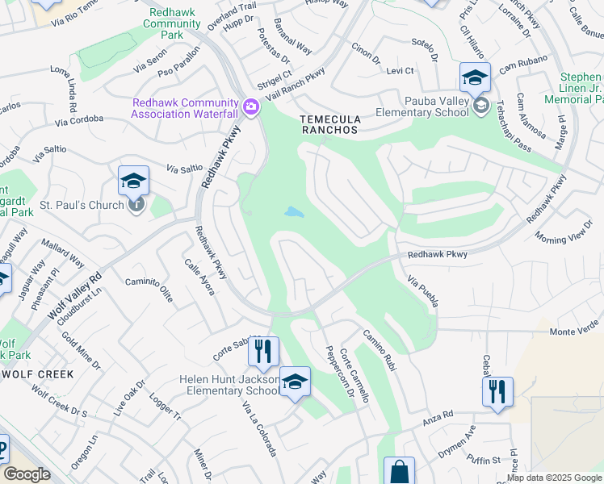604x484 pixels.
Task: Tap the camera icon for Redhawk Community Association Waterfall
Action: coord(251,106)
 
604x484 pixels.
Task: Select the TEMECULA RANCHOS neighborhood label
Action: coord(329,123)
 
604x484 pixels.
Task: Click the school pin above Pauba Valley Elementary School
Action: coord(476,78)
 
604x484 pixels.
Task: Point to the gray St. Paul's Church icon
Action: coord(137,204)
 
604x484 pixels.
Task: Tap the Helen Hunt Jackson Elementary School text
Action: coord(229,385)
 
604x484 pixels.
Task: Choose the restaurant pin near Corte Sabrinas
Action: coord(263,351)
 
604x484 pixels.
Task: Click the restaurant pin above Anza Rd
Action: coord(497,392)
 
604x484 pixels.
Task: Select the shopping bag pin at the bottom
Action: coord(399,471)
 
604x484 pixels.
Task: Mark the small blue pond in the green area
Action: coord(294,213)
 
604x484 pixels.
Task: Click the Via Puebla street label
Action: coord(423,290)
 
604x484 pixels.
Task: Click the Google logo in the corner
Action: coord(27,474)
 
